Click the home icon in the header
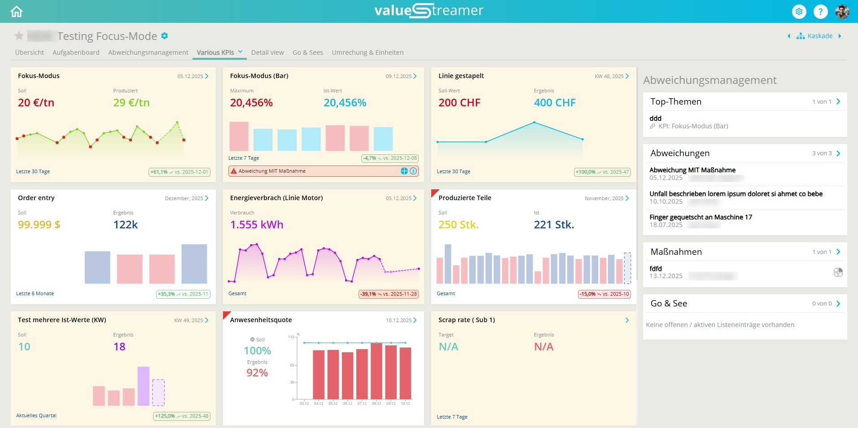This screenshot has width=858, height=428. pos(17,12)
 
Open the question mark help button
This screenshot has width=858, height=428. pos(820,12)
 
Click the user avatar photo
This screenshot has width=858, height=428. pos(842,12)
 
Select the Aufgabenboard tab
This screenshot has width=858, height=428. pos(76,52)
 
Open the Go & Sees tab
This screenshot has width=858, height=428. pos(307,52)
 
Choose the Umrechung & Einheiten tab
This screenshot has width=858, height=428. pos(368,52)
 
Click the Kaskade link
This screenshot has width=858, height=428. pos(819,36)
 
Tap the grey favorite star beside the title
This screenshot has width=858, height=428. pos(19,36)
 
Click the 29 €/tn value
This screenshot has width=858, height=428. pos(131,103)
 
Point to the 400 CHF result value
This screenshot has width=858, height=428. pos(555,103)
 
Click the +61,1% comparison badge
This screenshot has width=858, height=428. pos(179,172)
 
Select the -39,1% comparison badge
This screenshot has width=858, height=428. pos(389,294)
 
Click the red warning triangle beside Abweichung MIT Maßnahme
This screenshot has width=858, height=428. pos(233,171)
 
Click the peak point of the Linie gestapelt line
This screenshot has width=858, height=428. pos(534,122)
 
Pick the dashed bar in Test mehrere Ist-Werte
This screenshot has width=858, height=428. pos(158,393)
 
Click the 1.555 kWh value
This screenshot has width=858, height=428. pos(257,225)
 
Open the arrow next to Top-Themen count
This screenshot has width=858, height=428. pos(838,102)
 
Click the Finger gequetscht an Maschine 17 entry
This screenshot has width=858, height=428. pos(700,217)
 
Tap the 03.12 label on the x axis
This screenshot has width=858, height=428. pos(304,403)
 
